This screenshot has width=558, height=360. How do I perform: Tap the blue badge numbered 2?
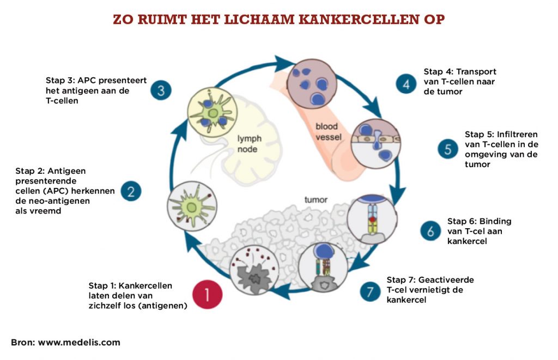131,191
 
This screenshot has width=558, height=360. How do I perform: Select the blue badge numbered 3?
161,90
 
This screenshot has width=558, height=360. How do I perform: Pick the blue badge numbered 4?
407,84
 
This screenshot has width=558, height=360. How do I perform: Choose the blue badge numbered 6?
430,230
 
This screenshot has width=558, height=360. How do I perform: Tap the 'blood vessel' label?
329,132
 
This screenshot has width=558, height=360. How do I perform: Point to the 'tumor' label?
316,200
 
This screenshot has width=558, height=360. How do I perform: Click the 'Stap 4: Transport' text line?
460,71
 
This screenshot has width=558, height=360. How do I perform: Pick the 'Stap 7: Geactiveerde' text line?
430,279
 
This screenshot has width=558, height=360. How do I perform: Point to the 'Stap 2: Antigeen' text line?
51,170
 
